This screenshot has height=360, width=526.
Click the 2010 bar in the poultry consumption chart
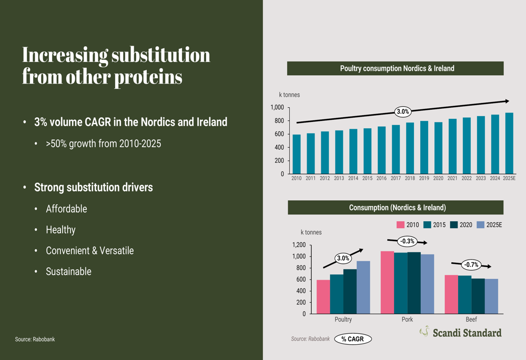pos(297,155)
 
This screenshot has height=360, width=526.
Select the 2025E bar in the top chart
pos(509,143)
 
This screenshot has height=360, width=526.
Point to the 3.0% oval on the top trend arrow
pos(402,111)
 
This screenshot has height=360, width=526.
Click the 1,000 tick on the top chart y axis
pos(277,108)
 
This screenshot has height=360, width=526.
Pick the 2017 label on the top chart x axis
pos(396,179)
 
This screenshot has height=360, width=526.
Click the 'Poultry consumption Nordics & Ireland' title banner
pos(395,68)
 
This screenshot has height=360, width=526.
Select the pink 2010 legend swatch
pos(400,225)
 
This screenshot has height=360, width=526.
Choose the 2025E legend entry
pos(489,225)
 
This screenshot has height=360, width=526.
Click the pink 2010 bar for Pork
pos(387,282)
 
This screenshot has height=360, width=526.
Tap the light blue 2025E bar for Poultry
pos(363,287)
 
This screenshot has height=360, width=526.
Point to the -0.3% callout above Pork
pos(407,242)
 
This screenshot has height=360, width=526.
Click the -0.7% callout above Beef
pos(471,264)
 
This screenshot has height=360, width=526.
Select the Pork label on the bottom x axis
pos(407,320)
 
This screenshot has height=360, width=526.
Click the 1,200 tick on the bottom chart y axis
pos(298,245)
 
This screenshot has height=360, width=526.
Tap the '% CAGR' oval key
pos(353,340)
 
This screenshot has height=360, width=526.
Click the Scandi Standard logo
pos(460,332)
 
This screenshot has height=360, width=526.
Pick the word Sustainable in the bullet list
pos(68,272)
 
